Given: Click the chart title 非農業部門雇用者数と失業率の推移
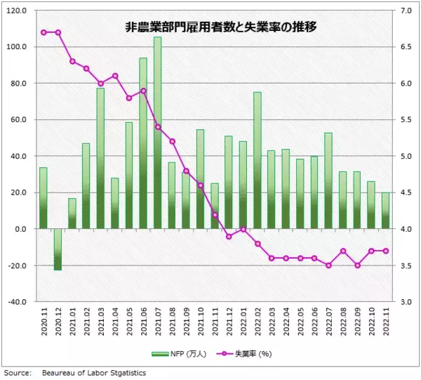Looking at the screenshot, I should pos(211,28).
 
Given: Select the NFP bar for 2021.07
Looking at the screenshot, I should pos(157,133).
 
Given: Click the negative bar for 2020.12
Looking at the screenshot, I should pos(58,249).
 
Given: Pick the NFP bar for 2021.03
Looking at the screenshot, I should pos(100,158).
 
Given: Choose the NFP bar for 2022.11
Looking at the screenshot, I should pos(386,211).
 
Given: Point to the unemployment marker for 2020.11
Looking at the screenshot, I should pos(44,32).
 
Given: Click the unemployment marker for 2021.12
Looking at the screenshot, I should pos(229,237).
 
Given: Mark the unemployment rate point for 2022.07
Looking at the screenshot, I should pos(328,266).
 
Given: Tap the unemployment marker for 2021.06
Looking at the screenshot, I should pos(143,91).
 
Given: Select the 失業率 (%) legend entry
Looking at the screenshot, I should pos(243,353).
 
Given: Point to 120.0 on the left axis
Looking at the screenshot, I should pos(17,11).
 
